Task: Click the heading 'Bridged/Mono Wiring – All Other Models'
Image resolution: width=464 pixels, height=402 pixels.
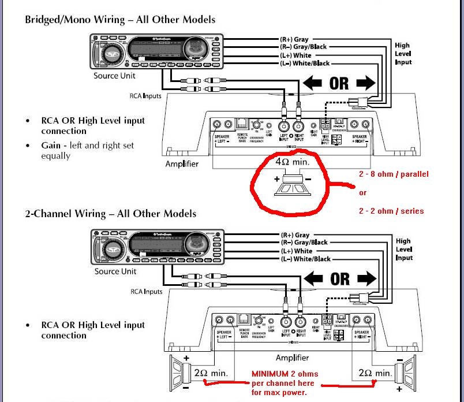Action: [120, 20]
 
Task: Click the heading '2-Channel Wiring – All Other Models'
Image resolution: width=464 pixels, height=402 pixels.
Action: [110, 214]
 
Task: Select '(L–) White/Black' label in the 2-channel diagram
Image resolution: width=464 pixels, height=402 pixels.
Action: [305, 259]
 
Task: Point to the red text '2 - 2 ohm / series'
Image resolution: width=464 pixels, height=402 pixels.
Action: [391, 211]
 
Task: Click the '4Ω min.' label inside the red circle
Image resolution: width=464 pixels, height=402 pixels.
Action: [292, 162]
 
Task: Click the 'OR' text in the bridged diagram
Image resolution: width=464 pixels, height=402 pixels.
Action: [339, 83]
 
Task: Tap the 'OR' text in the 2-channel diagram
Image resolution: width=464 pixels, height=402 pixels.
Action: [339, 279]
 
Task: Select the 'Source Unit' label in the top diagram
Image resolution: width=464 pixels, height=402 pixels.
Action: [114, 76]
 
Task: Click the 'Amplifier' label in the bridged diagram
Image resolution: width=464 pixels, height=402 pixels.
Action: [182, 163]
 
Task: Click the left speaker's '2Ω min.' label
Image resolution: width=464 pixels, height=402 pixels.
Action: [210, 373]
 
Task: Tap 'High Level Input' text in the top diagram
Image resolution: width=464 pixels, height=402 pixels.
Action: [403, 53]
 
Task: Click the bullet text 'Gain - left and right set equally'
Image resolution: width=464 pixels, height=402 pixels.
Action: [87, 150]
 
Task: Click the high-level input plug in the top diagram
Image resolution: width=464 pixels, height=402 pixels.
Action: [358, 103]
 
